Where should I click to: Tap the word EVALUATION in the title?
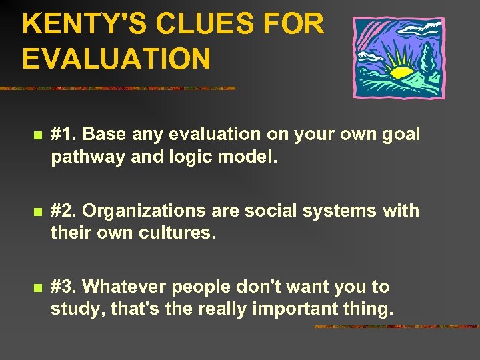coord(116,59)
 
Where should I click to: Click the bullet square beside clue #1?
coord(37,136)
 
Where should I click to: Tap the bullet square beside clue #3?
coord(37,289)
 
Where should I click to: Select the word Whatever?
coord(123,287)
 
